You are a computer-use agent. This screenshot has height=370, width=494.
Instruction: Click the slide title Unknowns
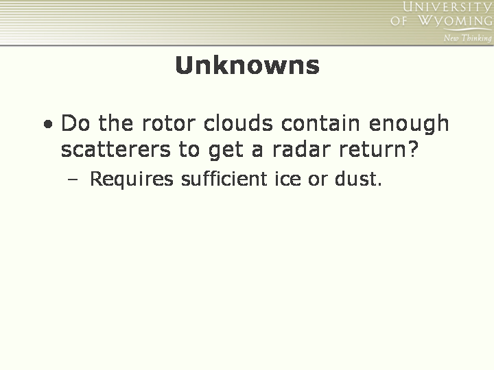pyautogui.click(x=247, y=65)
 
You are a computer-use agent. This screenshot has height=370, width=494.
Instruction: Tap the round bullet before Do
pyautogui.click(x=48, y=124)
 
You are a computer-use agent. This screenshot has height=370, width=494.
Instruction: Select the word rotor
pyautogui.click(x=169, y=123)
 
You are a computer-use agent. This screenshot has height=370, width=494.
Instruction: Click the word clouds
pyautogui.click(x=238, y=123)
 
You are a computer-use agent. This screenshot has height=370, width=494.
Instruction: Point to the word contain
pyautogui.click(x=320, y=123)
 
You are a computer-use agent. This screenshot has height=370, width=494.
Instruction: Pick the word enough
pyautogui.click(x=409, y=124)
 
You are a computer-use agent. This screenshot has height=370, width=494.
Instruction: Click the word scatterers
pyautogui.click(x=116, y=149)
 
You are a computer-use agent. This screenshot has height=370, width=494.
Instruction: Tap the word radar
pyautogui.click(x=301, y=149)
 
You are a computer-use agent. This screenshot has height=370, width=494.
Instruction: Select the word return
pyautogui.click(x=374, y=149)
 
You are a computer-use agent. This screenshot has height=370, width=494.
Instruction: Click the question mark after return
pyautogui.click(x=414, y=149)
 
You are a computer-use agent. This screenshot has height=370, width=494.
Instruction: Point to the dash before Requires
pyautogui.click(x=73, y=180)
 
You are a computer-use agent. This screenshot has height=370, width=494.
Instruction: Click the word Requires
pyautogui.click(x=132, y=179)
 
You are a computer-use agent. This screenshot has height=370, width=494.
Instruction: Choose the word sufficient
pyautogui.click(x=224, y=178)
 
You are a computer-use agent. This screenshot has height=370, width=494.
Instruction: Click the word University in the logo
pyautogui.click(x=447, y=7)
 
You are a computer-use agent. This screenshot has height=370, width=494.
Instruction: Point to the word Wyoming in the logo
pyautogui.click(x=455, y=21)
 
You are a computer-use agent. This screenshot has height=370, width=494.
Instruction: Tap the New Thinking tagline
pyautogui.click(x=467, y=38)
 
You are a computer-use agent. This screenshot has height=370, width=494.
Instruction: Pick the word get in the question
pyautogui.click(x=226, y=150)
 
